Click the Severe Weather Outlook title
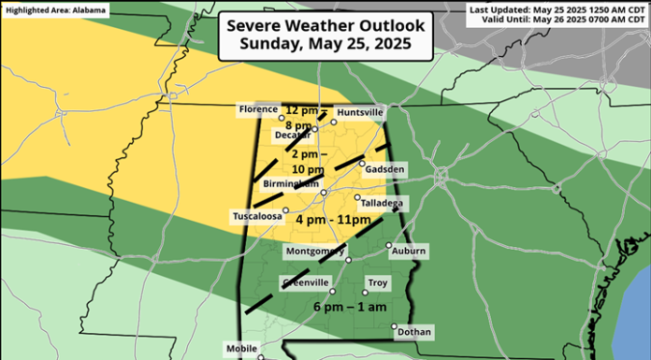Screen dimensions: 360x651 point(325,26)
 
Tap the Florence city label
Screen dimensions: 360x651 point(258,110)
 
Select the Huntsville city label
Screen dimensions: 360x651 point(360,112)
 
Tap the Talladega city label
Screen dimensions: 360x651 point(384,203)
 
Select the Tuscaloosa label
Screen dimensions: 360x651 point(257,217)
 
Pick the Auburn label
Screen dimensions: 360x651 point(409,252)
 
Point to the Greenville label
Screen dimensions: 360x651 point(305,283)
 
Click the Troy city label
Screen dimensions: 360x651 point(378,283)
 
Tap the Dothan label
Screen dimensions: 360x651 point(413,331)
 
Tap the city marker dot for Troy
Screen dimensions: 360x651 point(366,293)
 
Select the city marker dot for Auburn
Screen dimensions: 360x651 point(389,246)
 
